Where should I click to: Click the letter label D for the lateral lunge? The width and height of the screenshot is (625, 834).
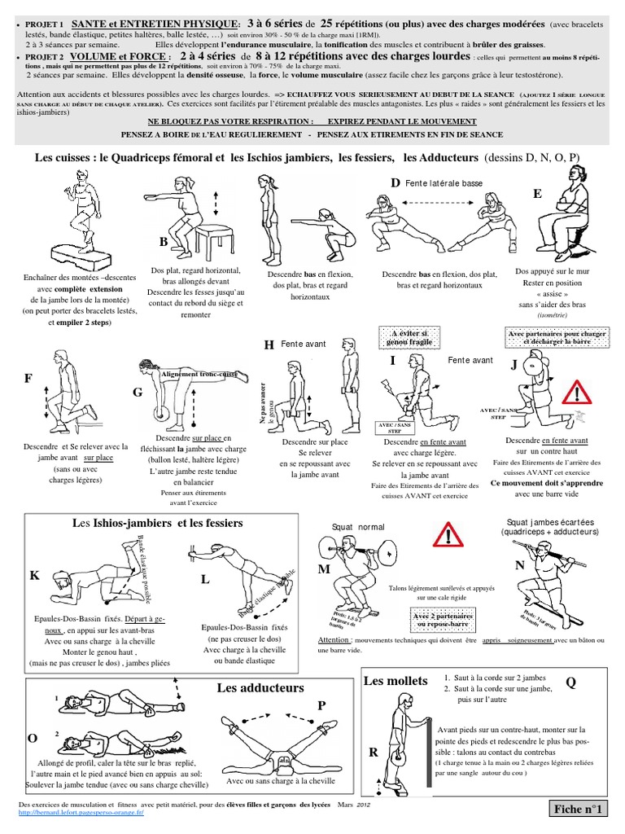(396, 183)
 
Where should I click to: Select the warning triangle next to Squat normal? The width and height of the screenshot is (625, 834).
(450, 536)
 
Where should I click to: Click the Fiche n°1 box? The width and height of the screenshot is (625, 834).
(582, 809)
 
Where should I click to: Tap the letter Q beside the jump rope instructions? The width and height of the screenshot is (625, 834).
(570, 683)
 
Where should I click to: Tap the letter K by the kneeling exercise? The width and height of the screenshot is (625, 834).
(34, 576)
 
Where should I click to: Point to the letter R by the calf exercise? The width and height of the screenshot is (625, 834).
(374, 753)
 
